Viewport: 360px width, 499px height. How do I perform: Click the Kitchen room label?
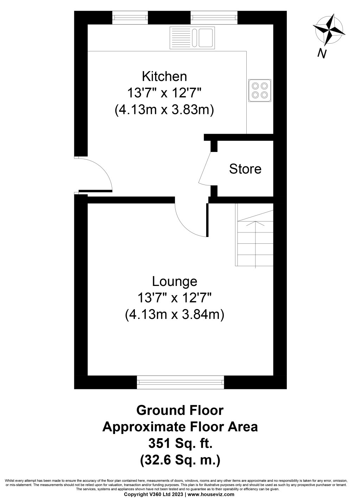[164, 76]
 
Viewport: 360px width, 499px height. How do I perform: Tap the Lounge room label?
[175, 282]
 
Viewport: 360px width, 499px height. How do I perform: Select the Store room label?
[245, 169]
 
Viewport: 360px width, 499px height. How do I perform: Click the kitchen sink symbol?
[192, 38]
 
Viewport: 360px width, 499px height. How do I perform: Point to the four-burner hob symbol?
[260, 90]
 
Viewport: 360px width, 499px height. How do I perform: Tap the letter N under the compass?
[322, 53]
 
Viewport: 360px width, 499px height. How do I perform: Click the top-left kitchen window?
[130, 18]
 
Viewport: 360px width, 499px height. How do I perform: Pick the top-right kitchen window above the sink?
[214, 18]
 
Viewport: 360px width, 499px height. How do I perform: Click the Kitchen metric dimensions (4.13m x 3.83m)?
[164, 110]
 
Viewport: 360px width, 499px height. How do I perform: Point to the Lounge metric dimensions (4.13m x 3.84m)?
[175, 315]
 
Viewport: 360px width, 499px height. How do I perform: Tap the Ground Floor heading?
[180, 410]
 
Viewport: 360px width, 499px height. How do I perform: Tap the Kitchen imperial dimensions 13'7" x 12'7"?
[164, 93]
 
